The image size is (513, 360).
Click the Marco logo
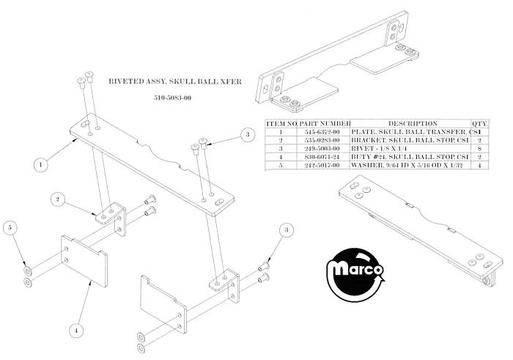pos(355,276)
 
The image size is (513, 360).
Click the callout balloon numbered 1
pos(41,165)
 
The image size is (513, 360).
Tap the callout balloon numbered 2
pos(58,199)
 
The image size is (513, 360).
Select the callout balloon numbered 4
pos(76,330)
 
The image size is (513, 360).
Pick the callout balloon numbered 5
pos(10,228)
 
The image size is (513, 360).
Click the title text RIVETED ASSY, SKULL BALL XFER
pos(175,81)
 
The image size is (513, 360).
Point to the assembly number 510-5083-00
pos(173,98)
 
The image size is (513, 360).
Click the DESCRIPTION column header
pos(413,124)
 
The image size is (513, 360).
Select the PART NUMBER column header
pos(325,124)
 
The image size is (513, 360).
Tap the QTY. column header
pos(479,124)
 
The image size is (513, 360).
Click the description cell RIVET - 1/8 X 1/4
pos(379,149)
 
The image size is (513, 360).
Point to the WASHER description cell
pos(407,166)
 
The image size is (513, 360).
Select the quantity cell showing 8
pos(479,149)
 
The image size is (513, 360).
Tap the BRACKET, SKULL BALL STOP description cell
pos(410,140)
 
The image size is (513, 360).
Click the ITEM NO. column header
pos(281,124)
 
